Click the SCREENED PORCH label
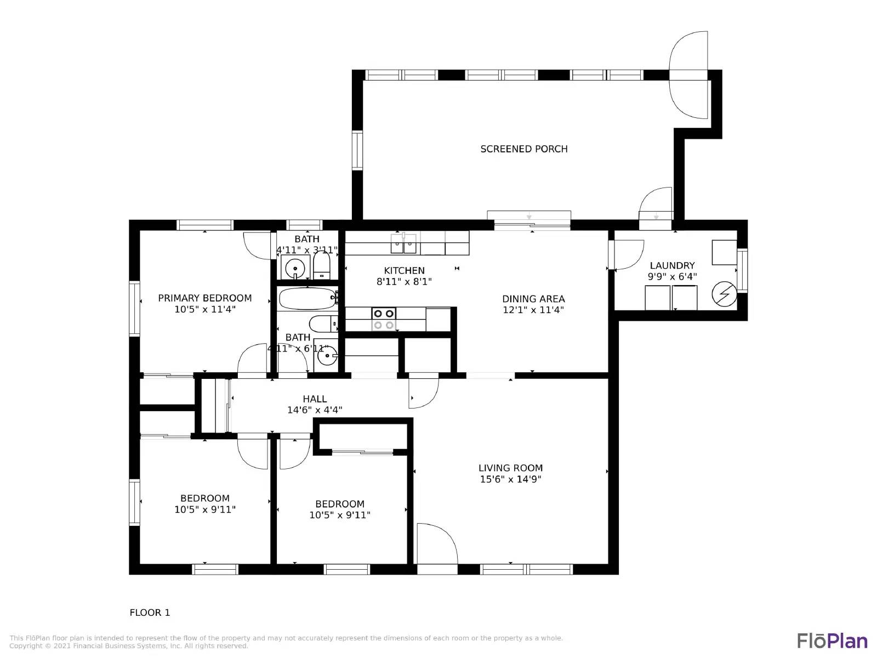click(x=523, y=149)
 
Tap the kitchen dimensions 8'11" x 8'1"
click(x=404, y=282)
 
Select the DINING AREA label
click(x=533, y=299)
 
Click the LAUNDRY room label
click(x=672, y=265)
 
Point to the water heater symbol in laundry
click(x=724, y=294)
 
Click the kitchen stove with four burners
click(x=384, y=319)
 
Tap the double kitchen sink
click(x=403, y=243)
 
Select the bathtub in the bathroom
click(x=306, y=299)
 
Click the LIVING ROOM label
click(x=510, y=468)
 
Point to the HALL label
click(x=315, y=399)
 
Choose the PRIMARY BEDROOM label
click(x=205, y=298)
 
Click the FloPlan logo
click(x=832, y=640)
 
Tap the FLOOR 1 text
click(x=150, y=612)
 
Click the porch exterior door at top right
click(x=689, y=75)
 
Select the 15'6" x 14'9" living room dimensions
click(x=510, y=479)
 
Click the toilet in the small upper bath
click(x=322, y=265)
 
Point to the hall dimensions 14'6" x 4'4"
click(x=315, y=410)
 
